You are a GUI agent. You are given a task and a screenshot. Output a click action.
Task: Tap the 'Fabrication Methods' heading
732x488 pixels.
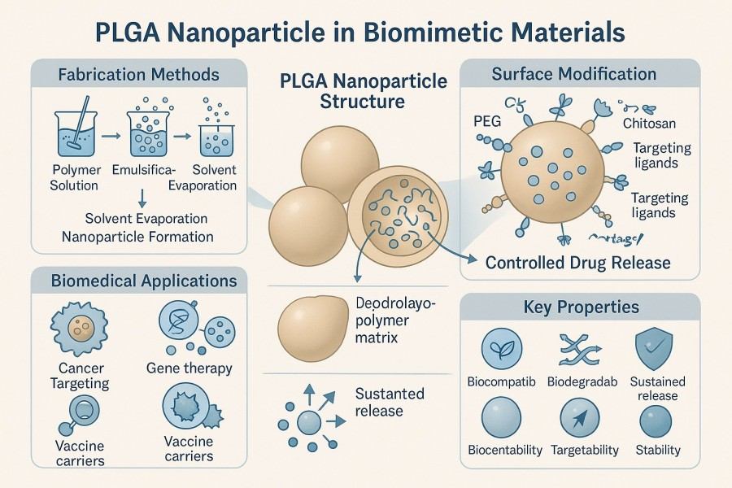coord(138,75)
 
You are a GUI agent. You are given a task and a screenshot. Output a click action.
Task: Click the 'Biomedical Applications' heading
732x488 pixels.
coord(138,281)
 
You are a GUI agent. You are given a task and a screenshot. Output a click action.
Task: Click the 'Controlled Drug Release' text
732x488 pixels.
coord(577,263)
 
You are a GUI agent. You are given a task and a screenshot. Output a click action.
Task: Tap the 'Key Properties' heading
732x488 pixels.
coord(581,307)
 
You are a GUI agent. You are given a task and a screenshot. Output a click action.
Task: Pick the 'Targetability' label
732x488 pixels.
coord(585,450)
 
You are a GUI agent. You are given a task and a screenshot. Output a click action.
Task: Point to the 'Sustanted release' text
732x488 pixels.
coord(390,402)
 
